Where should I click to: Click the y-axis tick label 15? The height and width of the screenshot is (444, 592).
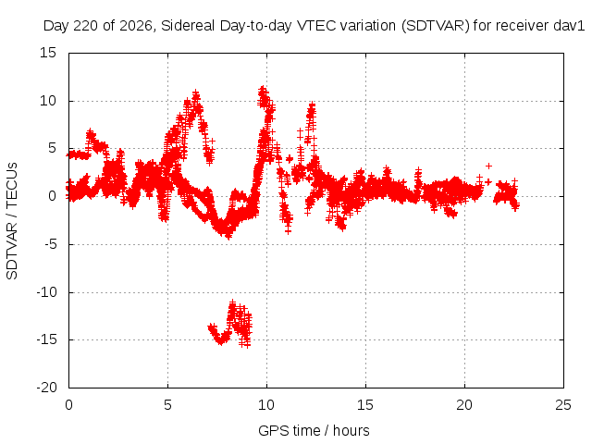[x=48, y=53]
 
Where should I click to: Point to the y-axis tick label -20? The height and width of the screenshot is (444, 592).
[x=46, y=388]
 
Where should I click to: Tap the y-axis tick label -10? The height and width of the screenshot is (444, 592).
[x=46, y=292]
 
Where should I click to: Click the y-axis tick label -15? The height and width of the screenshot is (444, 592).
[x=46, y=339]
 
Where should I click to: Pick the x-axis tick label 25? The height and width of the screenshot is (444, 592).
[x=563, y=405]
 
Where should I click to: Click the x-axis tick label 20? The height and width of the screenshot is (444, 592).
[x=464, y=405]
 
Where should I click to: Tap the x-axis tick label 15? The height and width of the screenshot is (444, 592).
[x=365, y=405]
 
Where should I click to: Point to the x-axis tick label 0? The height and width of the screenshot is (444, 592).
[x=68, y=405]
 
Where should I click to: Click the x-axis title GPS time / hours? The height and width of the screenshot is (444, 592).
[x=314, y=430]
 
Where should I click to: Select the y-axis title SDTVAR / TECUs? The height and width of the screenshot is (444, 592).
[x=12, y=221]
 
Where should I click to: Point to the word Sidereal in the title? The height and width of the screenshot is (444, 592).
[x=188, y=26]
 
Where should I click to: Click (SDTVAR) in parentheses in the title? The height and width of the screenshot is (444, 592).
[x=436, y=26]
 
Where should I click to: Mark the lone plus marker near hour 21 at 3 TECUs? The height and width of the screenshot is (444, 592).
[x=488, y=166]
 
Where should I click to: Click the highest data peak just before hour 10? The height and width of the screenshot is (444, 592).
[x=263, y=91]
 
